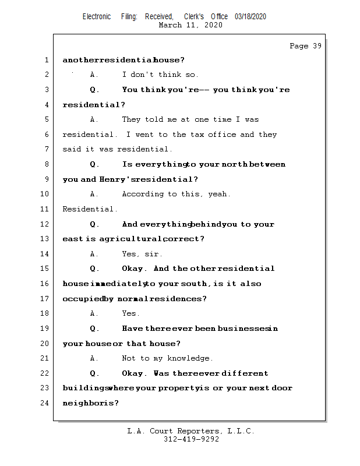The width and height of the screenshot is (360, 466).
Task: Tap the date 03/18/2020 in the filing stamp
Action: (250, 17)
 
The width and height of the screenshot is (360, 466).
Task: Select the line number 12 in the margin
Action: (46, 224)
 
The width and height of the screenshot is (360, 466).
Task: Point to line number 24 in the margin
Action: (46, 403)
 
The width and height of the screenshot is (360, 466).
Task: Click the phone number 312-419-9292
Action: (191, 440)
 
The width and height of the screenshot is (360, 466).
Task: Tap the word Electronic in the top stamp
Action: (97, 17)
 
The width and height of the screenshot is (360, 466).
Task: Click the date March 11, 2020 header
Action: (190, 25)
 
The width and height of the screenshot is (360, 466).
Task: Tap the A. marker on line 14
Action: (94, 254)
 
